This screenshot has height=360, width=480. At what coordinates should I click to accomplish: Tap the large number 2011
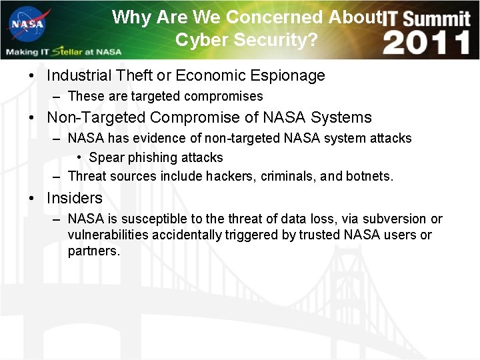pos(427,43)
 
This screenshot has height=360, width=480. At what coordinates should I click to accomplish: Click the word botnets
pos(369,177)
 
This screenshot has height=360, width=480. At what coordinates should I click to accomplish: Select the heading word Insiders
pos(75,199)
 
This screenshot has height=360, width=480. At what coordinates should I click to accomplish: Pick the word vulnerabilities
pos(108,235)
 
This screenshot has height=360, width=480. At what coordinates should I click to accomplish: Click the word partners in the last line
pos(93,251)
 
